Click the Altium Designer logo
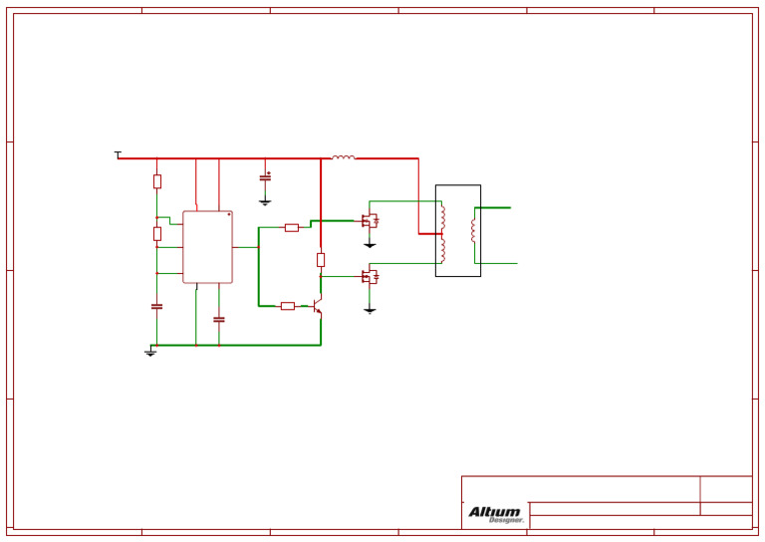(x=495, y=514)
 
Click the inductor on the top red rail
(x=343, y=157)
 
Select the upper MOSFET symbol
(x=370, y=221)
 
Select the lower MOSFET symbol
(x=370, y=277)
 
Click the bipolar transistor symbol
(x=318, y=307)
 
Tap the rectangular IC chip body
(x=207, y=247)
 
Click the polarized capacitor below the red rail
(x=265, y=177)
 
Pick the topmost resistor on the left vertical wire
(x=156, y=181)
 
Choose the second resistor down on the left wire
(x=156, y=233)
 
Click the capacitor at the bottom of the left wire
(x=156, y=307)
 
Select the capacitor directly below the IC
(x=219, y=320)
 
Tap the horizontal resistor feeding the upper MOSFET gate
(x=291, y=227)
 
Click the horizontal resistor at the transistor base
(x=287, y=306)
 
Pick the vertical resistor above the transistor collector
(x=321, y=260)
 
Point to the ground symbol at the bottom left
(x=150, y=353)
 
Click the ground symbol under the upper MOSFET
(x=370, y=244)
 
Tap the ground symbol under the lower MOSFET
(x=370, y=310)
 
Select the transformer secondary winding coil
(x=473, y=231)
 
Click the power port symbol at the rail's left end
(x=118, y=153)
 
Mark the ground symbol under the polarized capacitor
(x=265, y=202)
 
